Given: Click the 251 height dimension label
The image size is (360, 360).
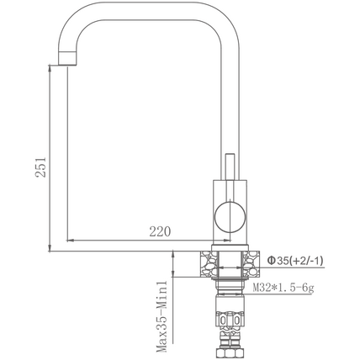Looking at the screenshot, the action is (40, 167).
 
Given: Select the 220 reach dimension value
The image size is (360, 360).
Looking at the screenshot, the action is (160, 232).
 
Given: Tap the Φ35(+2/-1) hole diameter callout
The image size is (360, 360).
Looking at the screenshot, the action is (295, 261).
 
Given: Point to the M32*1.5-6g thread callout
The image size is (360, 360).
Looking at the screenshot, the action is (283, 288).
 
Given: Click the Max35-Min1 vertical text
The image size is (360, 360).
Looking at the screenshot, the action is (161, 317).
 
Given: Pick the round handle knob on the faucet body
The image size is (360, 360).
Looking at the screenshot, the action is (230, 217).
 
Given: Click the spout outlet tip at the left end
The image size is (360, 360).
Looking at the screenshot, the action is (67, 59).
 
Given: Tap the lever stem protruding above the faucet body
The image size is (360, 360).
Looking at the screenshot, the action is (230, 167).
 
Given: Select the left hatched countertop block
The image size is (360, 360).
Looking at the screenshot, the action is (209, 264).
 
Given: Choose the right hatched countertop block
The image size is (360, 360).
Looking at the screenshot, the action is (251, 264).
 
